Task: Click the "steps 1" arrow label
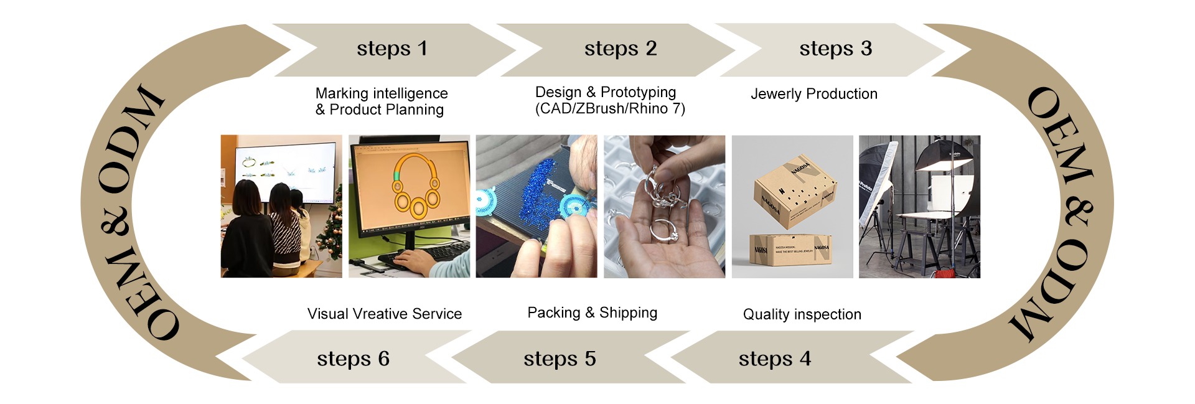[392, 49]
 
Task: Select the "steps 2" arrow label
[621, 49]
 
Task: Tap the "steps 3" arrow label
[835, 49]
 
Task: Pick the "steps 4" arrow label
[774, 359]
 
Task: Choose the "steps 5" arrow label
[560, 359]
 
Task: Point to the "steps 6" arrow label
[353, 359]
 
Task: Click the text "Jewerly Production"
[813, 94]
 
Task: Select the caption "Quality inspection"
[802, 314]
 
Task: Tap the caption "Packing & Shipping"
[592, 312]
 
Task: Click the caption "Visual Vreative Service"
[384, 314]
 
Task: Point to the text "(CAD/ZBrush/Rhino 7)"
[610, 109]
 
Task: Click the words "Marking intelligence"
[382, 93]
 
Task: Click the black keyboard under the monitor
[429, 252]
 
